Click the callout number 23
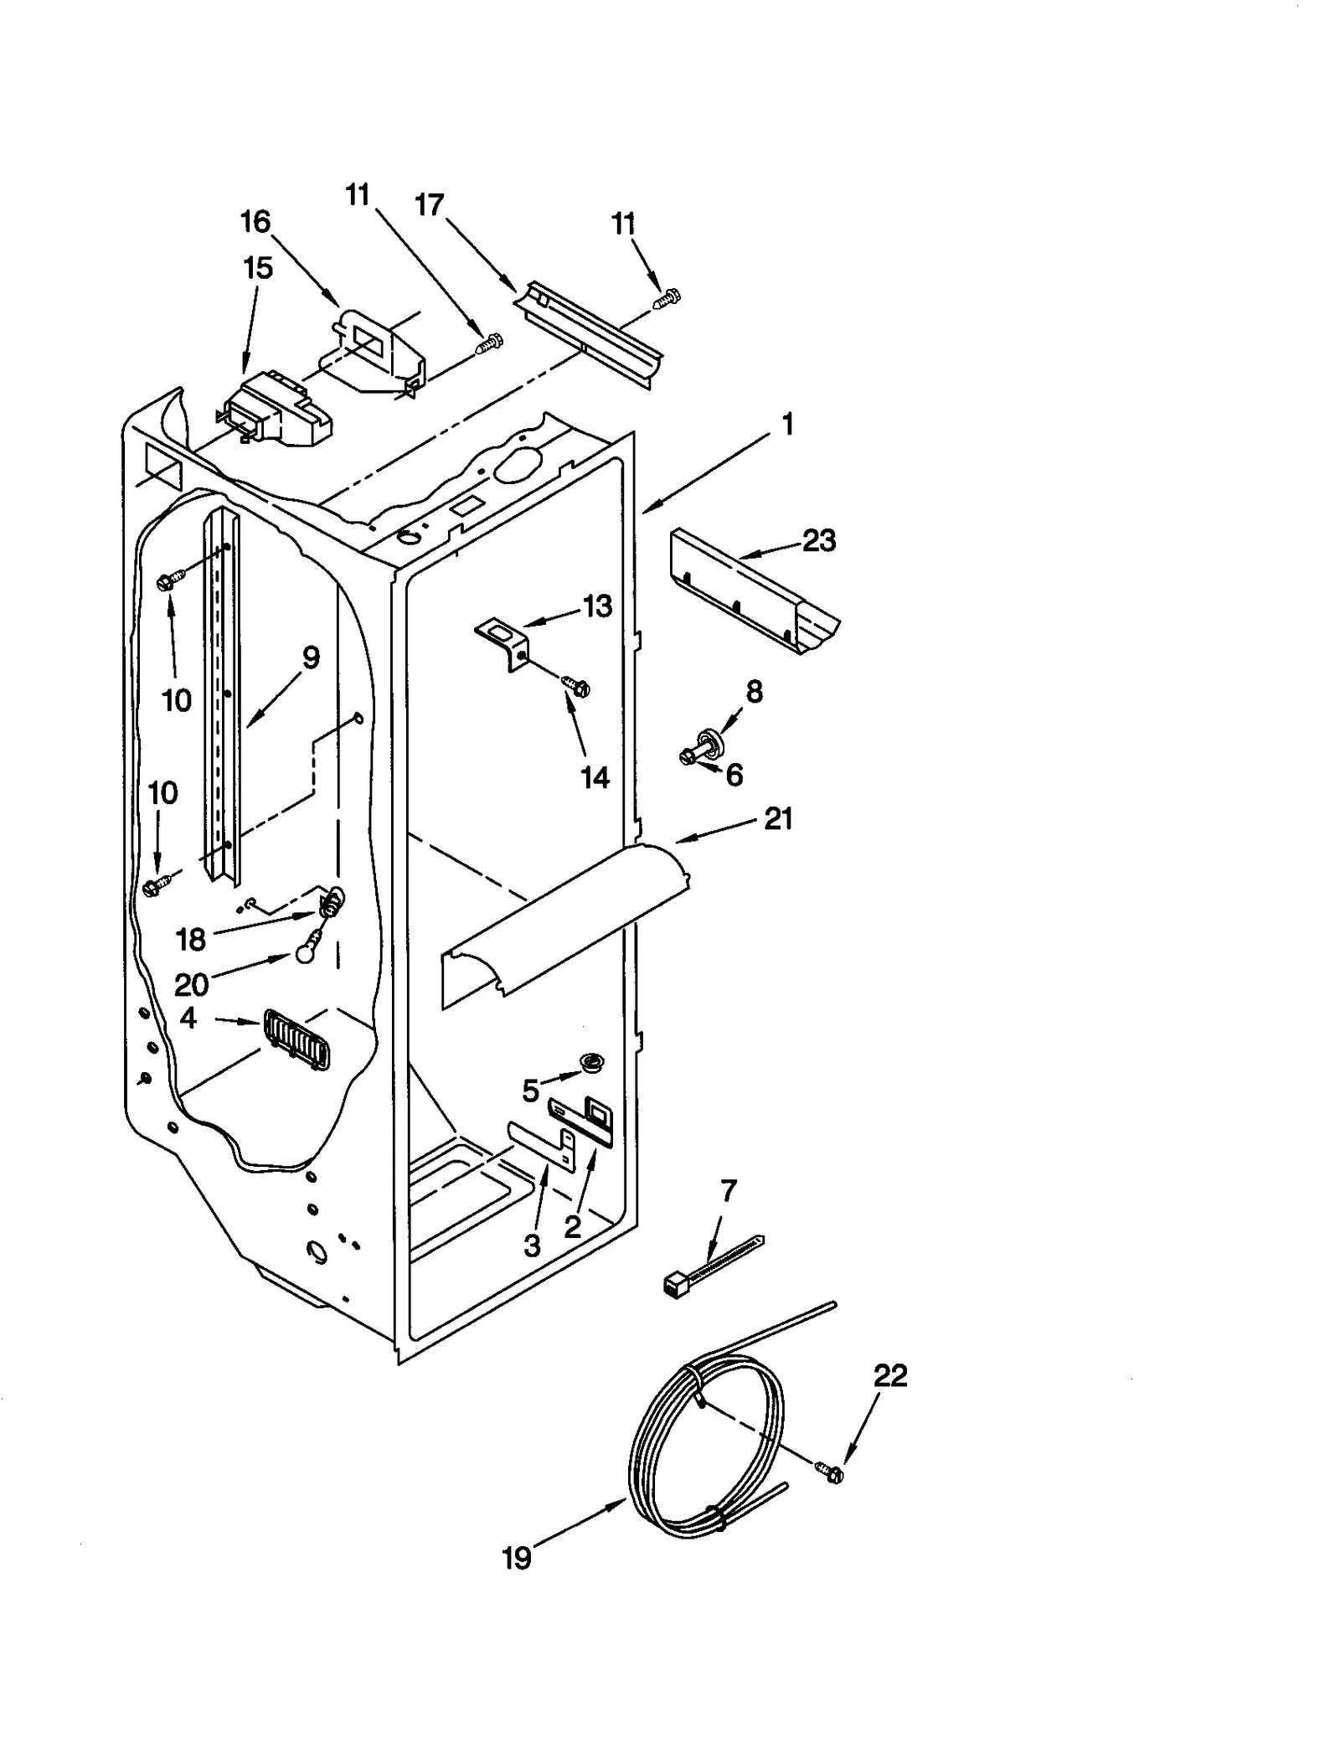pyautogui.click(x=818, y=541)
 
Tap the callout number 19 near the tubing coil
pyautogui.click(x=517, y=1558)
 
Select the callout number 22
pyautogui.click(x=890, y=1376)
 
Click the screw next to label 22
pyautogui.click(x=830, y=1472)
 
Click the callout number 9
pyautogui.click(x=310, y=658)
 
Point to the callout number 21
pyautogui.click(x=777, y=818)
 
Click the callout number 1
pyautogui.click(x=786, y=425)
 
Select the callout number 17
pyautogui.click(x=430, y=204)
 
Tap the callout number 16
pyautogui.click(x=255, y=222)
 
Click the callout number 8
pyautogui.click(x=754, y=692)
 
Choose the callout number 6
pyautogui.click(x=734, y=776)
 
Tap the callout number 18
pyautogui.click(x=191, y=940)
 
